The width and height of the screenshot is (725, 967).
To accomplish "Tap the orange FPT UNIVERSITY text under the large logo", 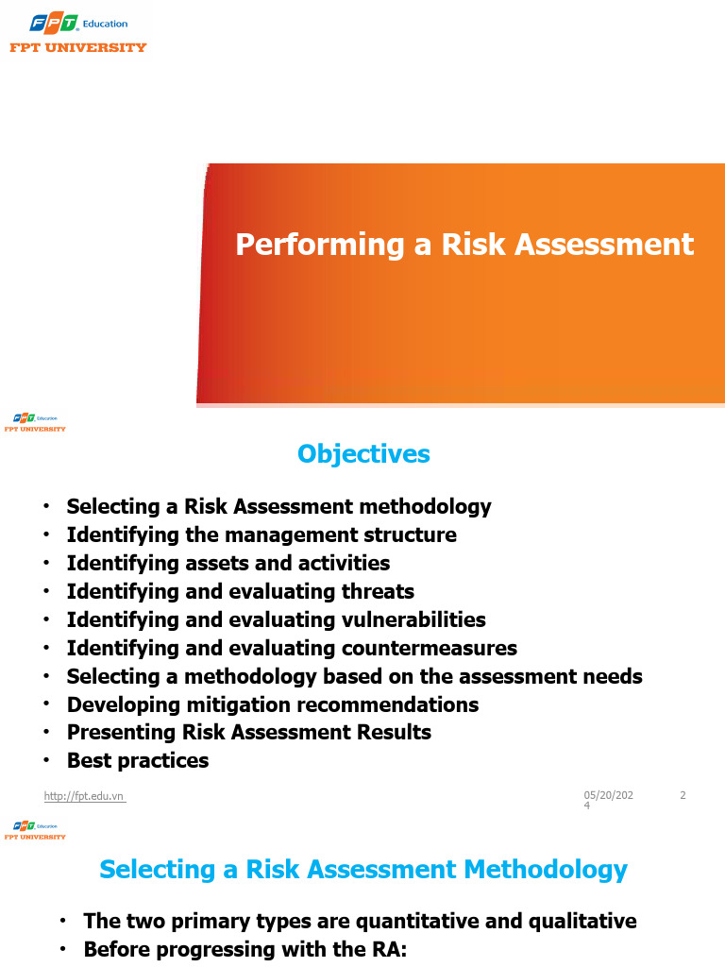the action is point(78,47).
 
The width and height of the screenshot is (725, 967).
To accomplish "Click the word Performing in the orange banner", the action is point(320,245).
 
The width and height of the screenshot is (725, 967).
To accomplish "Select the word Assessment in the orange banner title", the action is point(604,245).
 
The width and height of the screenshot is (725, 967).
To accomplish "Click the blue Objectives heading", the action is point(363,454).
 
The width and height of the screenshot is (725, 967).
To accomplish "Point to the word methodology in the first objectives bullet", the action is point(426,507).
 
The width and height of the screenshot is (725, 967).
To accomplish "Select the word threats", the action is point(378,591).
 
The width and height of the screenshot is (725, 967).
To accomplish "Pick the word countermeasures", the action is point(430,648).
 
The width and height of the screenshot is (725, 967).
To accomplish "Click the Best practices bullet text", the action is point(138,761).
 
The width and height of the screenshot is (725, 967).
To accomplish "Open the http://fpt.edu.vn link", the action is point(84,796).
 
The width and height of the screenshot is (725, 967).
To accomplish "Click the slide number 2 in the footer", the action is point(683,795).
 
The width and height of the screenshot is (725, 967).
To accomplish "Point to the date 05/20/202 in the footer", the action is point(609,795).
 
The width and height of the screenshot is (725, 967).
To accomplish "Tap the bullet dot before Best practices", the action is point(46,760).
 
